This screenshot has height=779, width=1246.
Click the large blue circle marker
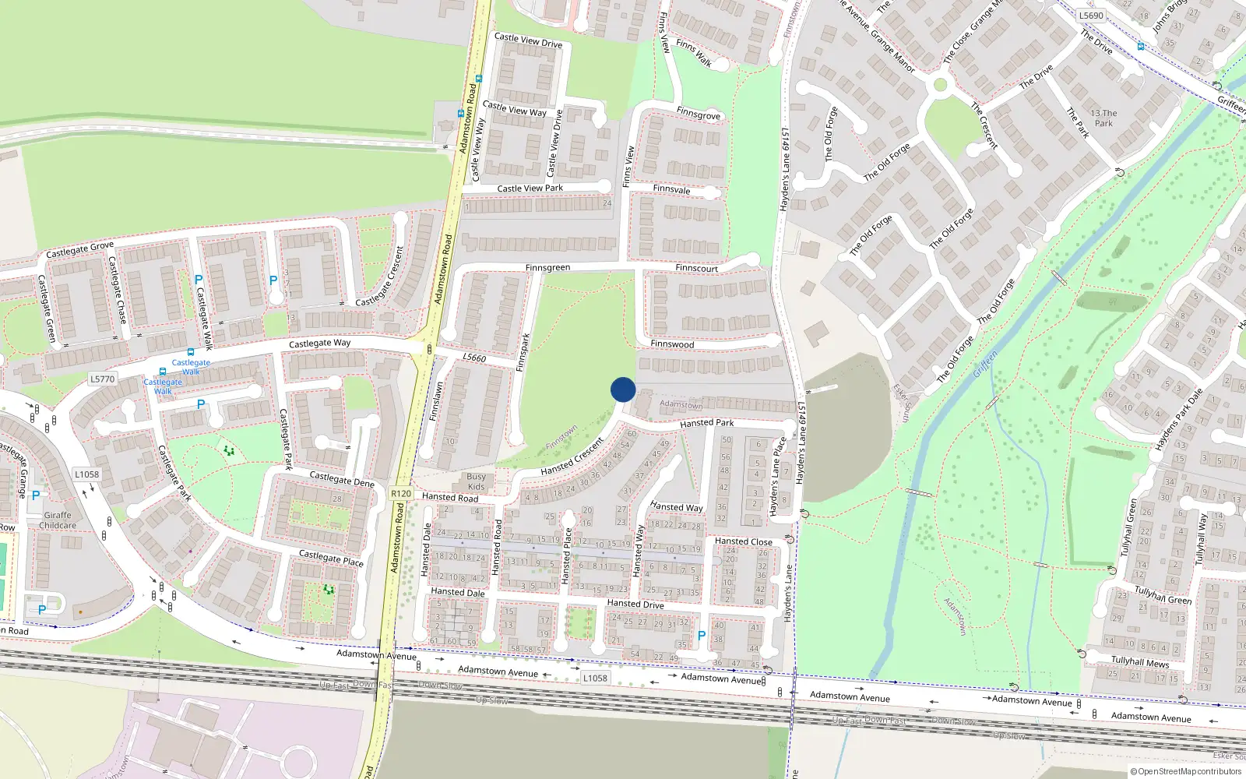coord(623,389)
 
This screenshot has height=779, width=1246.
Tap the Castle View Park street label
coord(530,189)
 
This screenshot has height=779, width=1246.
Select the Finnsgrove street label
coord(698,114)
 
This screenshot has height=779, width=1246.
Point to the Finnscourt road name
coord(696,268)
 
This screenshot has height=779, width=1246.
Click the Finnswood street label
coord(672,344)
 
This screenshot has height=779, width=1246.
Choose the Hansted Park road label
coord(706,423)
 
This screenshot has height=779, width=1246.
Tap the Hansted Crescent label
coord(572,456)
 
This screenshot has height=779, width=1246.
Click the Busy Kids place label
coord(476,481)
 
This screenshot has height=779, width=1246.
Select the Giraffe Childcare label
coord(58,520)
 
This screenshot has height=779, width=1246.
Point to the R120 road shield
coord(401,494)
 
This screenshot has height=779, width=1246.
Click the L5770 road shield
coord(102,379)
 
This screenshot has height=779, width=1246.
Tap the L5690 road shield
coord(1091,16)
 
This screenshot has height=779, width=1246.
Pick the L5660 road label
coord(474,358)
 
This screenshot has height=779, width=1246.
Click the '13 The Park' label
coord(1103,118)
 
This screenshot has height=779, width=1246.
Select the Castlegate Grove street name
coord(79,250)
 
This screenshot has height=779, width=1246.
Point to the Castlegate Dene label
coord(342,478)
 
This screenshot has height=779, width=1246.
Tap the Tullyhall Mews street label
coord(1139,662)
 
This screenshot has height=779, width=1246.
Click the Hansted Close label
coord(743,541)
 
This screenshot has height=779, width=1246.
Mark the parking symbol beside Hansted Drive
coord(702,636)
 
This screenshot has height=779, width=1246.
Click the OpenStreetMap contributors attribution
coord(1185,771)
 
